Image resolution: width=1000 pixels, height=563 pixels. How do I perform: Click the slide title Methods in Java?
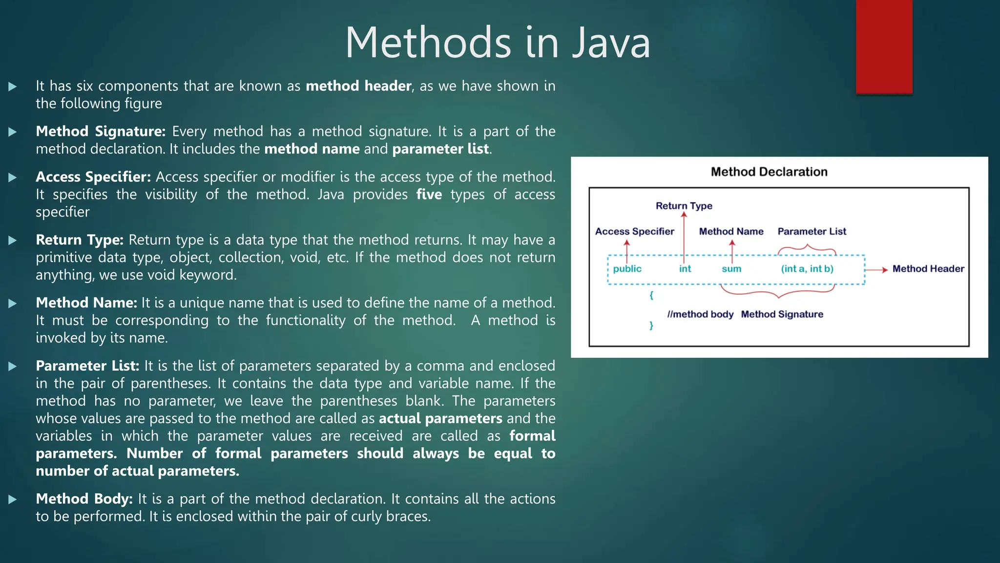coord(498,43)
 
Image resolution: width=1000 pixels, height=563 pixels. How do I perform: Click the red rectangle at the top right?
coord(884,46)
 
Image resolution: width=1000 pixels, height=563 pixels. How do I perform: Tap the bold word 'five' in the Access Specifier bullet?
coord(429,195)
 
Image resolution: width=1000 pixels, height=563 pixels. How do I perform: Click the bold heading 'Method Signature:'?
coord(101,131)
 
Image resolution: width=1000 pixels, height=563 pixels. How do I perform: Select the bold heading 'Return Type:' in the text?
coord(80,240)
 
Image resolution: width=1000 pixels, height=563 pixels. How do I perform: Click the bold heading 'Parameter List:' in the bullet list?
coord(87,366)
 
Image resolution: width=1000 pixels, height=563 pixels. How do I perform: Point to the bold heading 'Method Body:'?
coord(84,499)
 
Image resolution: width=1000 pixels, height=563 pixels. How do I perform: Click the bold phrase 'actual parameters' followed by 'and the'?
coord(440,419)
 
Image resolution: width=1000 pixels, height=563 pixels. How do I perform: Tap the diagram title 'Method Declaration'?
coord(769,172)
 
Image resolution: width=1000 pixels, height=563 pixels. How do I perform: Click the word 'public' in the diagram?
coord(627,269)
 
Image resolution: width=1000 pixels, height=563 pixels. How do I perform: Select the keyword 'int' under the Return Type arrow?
coord(685,269)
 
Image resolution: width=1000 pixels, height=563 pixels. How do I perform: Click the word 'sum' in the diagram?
coord(731,269)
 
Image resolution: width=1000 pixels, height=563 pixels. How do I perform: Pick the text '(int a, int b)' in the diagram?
coord(807,269)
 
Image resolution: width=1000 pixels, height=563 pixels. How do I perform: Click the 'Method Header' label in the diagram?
coord(928,269)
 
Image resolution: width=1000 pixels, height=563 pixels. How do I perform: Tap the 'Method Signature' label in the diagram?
coord(782,314)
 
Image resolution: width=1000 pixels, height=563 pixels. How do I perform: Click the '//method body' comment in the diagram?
coord(700,314)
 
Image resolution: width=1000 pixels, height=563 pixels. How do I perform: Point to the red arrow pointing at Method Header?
coord(876,270)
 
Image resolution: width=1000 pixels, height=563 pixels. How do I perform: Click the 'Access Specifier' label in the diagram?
coord(634,232)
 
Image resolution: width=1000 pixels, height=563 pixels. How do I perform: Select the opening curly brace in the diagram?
coord(651,295)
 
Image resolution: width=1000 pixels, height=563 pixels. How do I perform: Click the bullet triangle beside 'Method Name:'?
coord(13,303)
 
